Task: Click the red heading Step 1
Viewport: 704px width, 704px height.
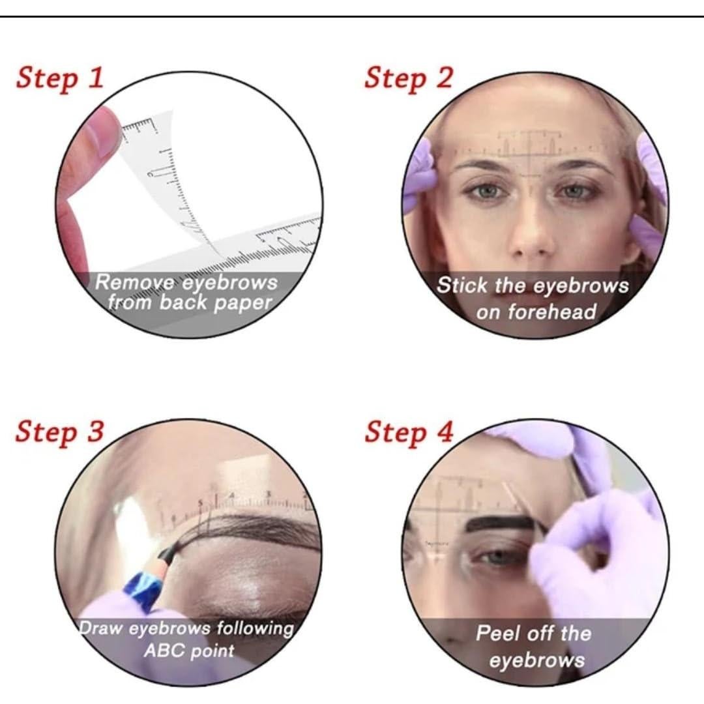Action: (x=59, y=78)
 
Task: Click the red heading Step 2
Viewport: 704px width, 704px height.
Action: (x=408, y=78)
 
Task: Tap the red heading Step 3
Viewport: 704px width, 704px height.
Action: (x=59, y=432)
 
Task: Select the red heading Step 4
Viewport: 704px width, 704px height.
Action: (x=408, y=432)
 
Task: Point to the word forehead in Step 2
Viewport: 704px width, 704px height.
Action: (x=552, y=312)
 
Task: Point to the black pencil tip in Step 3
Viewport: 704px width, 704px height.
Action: (x=165, y=554)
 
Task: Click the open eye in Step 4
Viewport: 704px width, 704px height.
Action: (x=501, y=557)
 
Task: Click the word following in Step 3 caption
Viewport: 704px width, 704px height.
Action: (x=254, y=629)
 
